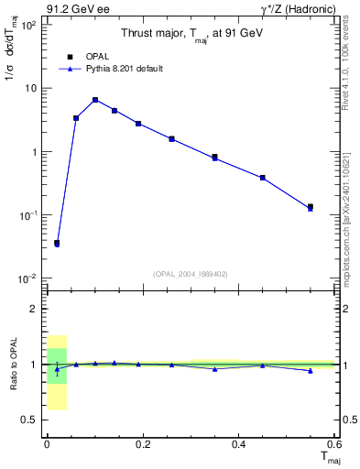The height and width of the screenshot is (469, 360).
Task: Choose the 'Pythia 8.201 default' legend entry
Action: pyautogui.click(x=111, y=69)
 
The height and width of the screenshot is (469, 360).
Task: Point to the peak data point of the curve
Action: pyautogui.click(x=94, y=100)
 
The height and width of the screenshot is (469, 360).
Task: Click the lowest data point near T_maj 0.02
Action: pyautogui.click(x=57, y=244)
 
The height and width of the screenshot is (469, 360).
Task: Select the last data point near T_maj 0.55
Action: pyautogui.click(x=311, y=208)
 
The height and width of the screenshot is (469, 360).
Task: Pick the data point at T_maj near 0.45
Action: pyautogui.click(x=263, y=178)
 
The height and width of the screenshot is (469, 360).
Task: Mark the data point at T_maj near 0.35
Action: pyautogui.click(x=214, y=158)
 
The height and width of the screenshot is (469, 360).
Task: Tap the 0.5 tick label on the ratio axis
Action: pyautogui.click(x=30, y=420)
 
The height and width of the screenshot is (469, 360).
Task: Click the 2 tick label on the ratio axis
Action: pyautogui.click(x=35, y=309)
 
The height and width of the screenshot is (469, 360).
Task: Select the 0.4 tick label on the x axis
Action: pyautogui.click(x=238, y=444)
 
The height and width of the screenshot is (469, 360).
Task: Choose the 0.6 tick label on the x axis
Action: pyautogui.click(x=333, y=444)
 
